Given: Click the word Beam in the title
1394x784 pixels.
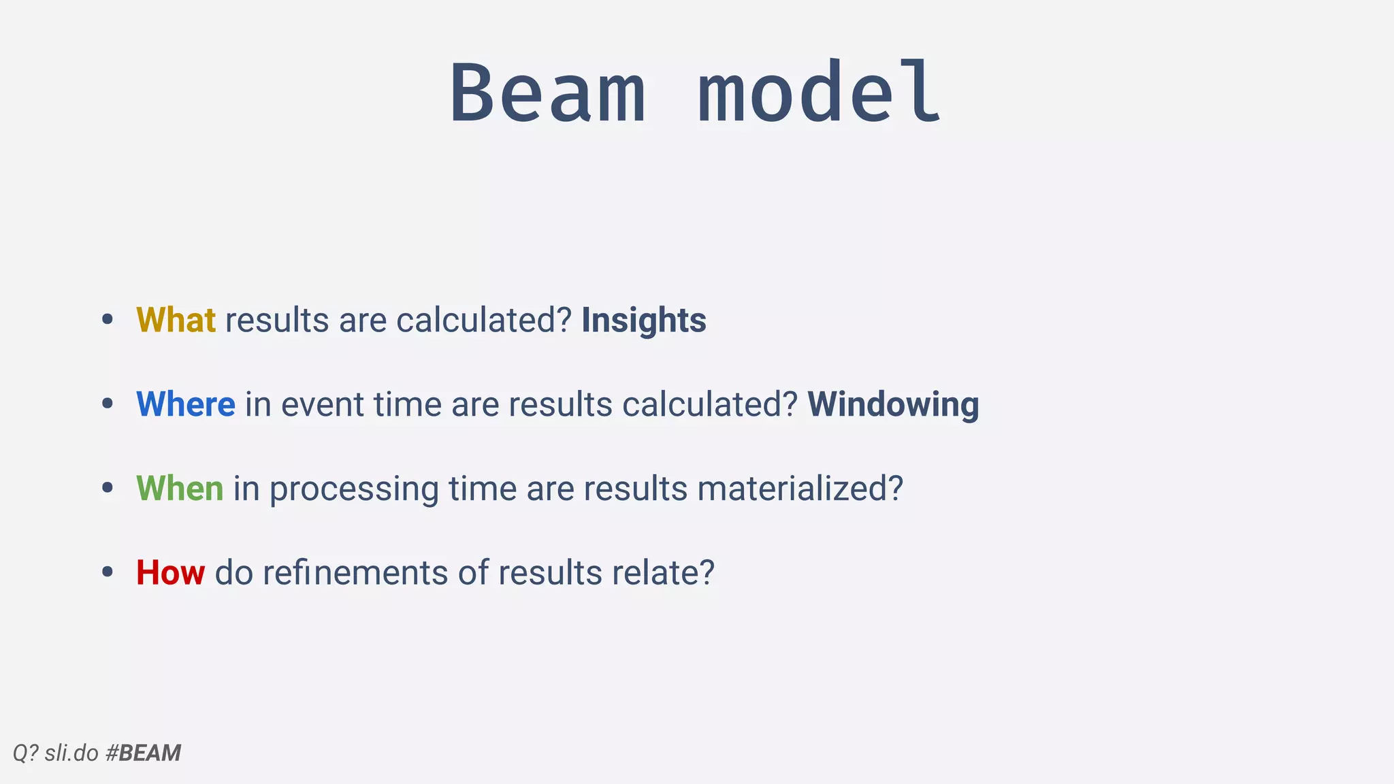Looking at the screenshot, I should tap(548, 93).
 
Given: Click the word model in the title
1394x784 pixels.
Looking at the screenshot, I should tap(820, 93).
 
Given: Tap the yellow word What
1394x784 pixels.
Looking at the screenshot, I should tap(176, 320).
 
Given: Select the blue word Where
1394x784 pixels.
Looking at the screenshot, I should tap(186, 404).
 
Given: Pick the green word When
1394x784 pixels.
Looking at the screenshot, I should tap(180, 489).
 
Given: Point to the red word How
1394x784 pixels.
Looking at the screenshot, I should tap(170, 572).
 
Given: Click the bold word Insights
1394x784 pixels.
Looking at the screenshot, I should tap(643, 320).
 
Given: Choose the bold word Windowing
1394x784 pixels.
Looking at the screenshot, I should tap(893, 404).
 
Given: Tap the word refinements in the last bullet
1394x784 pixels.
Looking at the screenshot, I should tap(355, 572).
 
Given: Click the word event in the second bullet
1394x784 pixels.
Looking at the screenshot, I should tap(322, 404).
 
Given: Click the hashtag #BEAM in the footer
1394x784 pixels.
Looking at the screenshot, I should tap(144, 753).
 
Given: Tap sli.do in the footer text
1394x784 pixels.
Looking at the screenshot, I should tap(71, 753).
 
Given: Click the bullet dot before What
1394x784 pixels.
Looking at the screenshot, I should tap(107, 320).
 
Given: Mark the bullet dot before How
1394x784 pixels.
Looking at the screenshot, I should tap(107, 572).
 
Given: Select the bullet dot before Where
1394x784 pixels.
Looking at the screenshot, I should tap(107, 404).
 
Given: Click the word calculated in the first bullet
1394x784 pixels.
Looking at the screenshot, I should tap(483, 320).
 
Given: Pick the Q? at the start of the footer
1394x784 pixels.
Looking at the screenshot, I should tap(26, 753).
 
